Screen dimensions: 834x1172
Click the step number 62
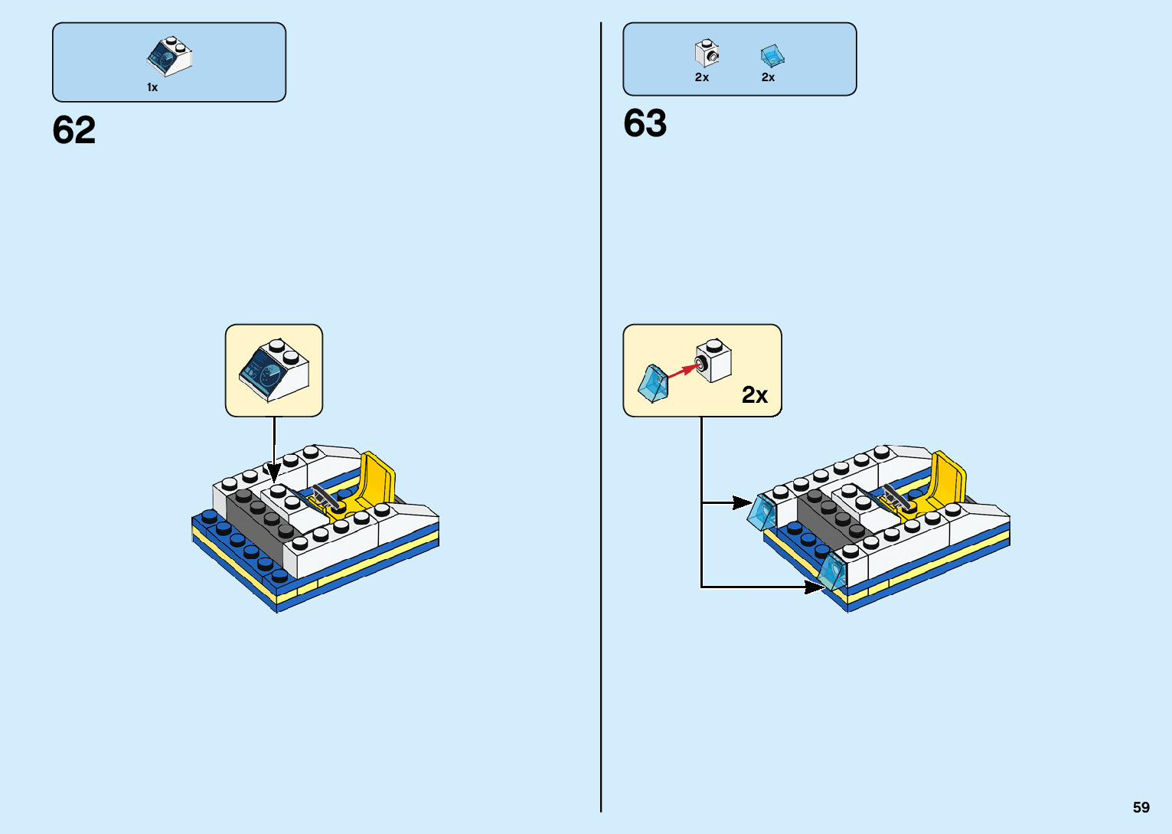point(74,130)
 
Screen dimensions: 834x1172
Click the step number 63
point(645,123)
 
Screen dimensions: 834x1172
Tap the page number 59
point(1141,807)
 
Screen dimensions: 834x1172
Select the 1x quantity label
point(152,87)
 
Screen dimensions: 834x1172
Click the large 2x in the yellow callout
point(754,394)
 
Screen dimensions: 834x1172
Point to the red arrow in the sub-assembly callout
point(683,371)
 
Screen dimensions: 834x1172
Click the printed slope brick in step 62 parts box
point(169,56)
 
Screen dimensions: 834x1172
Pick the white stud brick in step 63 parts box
point(707,54)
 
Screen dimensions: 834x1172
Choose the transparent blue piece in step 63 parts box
point(772,55)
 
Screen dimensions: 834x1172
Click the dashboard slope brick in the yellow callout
point(274,370)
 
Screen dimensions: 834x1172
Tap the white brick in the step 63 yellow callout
point(713,361)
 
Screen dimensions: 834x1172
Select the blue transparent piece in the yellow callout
point(652,384)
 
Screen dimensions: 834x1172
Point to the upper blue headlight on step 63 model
point(763,512)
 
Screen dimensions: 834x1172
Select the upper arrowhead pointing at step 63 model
point(742,502)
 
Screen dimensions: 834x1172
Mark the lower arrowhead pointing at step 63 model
point(814,587)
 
